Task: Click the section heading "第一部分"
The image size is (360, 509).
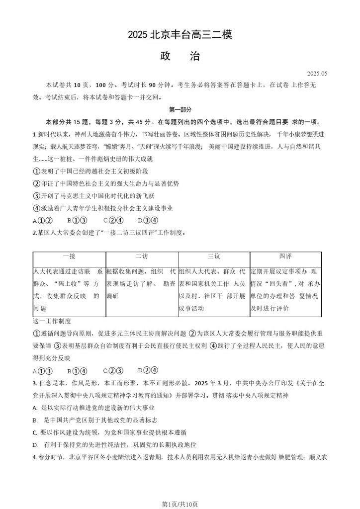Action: pyautogui.click(x=180, y=109)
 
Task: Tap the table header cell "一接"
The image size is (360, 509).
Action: pyautogui.click(x=69, y=256)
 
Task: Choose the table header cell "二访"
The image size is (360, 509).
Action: pyautogui.click(x=141, y=256)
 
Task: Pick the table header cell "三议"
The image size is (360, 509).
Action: pyautogui.click(x=214, y=256)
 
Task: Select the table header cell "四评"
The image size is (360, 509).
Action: pyautogui.click(x=285, y=256)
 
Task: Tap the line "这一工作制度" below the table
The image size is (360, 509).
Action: pyautogui.click(x=52, y=321)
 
